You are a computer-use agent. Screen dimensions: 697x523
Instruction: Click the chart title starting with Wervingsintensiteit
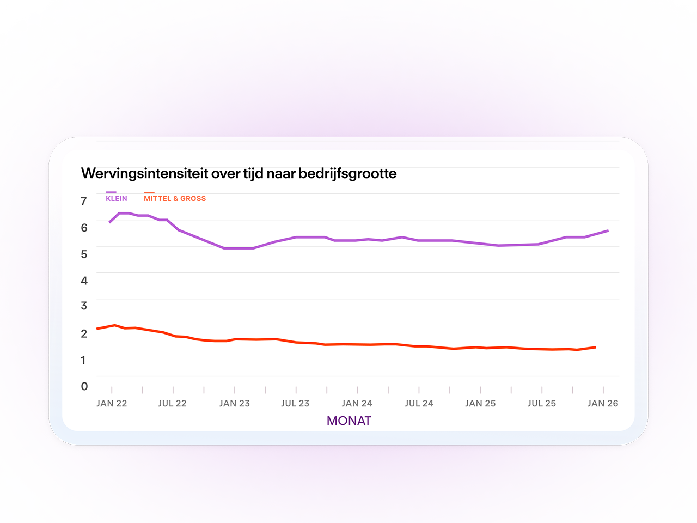(239, 174)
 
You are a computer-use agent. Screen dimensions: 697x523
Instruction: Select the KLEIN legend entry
(116, 197)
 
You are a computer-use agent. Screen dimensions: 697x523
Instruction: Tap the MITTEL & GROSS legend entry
(175, 197)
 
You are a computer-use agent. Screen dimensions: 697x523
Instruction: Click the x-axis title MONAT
(348, 421)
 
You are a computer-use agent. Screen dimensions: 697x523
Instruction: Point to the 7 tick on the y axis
(83, 201)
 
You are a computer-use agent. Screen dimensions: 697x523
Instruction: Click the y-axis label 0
(84, 386)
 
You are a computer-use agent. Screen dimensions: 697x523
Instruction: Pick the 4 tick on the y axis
(84, 281)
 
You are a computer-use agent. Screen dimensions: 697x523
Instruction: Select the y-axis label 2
(84, 333)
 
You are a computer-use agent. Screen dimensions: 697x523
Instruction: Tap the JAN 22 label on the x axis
(112, 403)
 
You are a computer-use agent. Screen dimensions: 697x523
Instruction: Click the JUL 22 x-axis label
(173, 403)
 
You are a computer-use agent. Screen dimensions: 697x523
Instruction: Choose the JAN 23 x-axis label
(235, 403)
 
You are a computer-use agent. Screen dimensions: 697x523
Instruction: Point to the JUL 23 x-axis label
(295, 403)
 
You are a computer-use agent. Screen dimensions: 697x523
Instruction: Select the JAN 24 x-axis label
(357, 403)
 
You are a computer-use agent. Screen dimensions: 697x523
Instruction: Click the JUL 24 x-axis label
(419, 403)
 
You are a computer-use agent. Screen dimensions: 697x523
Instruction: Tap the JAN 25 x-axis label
(480, 403)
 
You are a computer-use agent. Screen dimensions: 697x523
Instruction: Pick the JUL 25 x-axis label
(542, 403)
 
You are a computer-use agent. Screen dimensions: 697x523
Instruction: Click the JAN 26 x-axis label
(603, 403)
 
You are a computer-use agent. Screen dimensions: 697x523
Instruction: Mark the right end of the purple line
(608, 230)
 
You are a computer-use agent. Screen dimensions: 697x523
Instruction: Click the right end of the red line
(595, 348)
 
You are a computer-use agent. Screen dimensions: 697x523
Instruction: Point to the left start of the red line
(97, 329)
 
